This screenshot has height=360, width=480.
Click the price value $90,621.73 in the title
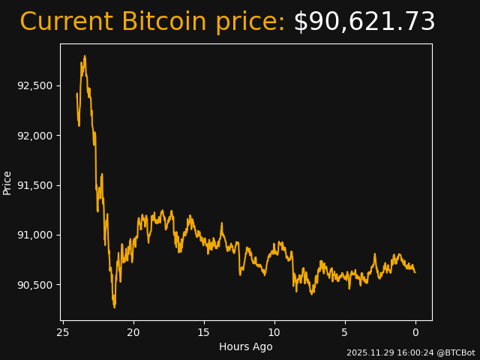point(364,22)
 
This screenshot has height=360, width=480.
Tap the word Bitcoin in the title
point(163,22)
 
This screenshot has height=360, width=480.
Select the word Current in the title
point(66,22)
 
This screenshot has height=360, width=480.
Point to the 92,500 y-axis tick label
point(35,85)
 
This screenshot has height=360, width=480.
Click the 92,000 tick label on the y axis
point(35,136)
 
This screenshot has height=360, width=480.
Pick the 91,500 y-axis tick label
point(35,185)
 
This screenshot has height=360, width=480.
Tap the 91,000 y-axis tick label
point(35,235)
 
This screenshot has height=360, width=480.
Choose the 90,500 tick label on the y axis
point(35,285)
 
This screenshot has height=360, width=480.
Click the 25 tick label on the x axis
point(63,332)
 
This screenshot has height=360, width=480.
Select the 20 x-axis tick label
point(133,332)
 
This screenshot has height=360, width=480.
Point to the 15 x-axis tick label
point(204,332)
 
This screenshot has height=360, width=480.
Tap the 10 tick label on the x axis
point(274,332)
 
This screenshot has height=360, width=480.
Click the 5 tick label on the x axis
point(345,332)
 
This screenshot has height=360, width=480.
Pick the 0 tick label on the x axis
point(415,332)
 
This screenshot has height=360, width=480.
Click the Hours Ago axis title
point(246,346)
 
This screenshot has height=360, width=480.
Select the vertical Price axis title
point(7,182)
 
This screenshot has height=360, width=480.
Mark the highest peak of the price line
point(85,55)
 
